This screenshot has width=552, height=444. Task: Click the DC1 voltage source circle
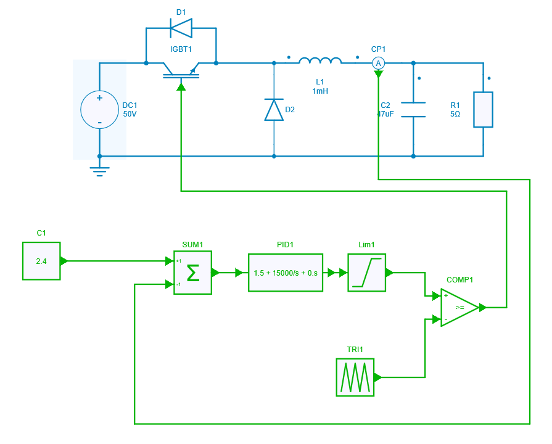point(99,110)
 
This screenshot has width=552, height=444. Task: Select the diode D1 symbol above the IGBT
point(181,28)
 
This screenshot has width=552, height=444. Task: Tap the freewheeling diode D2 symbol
point(274,109)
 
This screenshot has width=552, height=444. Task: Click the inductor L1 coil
point(320,60)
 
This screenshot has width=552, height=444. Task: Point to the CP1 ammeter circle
point(379,63)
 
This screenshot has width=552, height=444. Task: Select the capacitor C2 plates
point(413,110)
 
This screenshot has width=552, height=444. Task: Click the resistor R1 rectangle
point(483,110)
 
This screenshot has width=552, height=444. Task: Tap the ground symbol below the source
point(99,171)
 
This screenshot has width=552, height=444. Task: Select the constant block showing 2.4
point(41,261)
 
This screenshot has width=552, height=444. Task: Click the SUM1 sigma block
point(192,273)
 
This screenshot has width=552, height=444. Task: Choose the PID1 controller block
point(286,273)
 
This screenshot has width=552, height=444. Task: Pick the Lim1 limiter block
point(366,273)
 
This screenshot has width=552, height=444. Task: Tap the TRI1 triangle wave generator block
point(355,377)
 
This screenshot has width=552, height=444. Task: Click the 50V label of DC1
point(130,114)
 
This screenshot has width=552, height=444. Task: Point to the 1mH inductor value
point(320,91)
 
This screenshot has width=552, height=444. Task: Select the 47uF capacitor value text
point(385,114)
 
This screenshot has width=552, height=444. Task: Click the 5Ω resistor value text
point(455,114)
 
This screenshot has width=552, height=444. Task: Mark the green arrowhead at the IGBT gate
point(181,87)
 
